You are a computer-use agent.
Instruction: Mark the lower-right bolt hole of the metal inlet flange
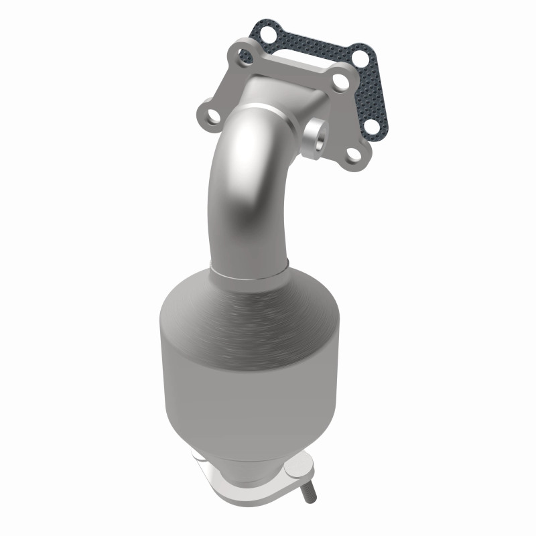pos(352,155)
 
